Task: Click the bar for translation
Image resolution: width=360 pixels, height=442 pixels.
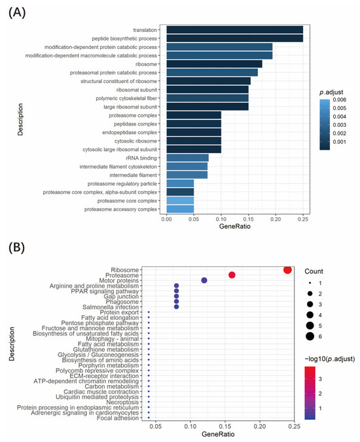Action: pos(234,30)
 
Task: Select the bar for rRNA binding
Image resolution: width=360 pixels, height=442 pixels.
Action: pos(187,158)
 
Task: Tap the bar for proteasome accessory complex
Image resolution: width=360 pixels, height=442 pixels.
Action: pos(180,209)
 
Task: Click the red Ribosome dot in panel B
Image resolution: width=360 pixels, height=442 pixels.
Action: pos(287,270)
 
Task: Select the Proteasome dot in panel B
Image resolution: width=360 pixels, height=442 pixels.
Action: pos(232,275)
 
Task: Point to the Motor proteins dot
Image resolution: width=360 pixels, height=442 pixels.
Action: pos(204,280)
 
